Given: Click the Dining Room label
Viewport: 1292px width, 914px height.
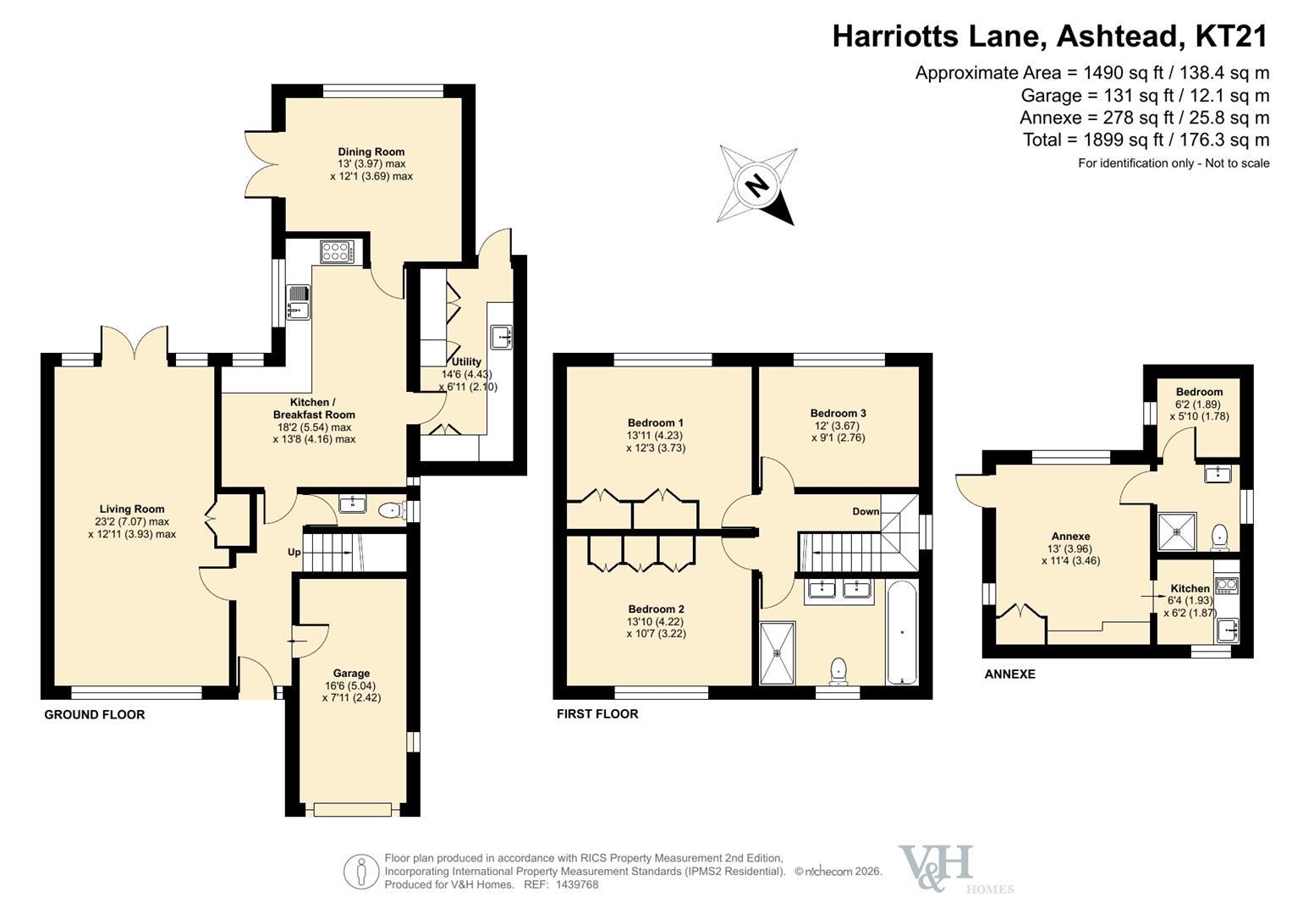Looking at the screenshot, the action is tap(371, 152).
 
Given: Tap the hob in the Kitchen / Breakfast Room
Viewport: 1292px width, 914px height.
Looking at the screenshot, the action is tap(338, 252).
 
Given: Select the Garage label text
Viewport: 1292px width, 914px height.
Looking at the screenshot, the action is tap(351, 673).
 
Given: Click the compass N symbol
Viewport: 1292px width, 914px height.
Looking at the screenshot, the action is tap(756, 186).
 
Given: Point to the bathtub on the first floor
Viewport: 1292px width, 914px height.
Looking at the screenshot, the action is tap(901, 633).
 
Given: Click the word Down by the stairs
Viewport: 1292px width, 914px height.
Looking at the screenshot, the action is tap(866, 511).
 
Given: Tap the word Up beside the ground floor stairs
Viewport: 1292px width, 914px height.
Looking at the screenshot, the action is tap(294, 552).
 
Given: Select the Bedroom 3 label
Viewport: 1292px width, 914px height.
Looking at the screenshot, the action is tap(838, 413).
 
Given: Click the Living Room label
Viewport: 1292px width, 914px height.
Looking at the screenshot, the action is tap(132, 509).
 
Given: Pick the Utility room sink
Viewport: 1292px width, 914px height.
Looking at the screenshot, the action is tap(502, 337).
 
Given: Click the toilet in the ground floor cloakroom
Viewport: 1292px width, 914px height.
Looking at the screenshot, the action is tap(393, 510).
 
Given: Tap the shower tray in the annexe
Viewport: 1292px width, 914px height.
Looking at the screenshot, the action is tap(1177, 531).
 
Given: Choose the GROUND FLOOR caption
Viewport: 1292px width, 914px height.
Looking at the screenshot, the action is tap(95, 714).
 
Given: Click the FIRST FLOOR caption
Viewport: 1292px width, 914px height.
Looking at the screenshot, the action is tap(597, 713).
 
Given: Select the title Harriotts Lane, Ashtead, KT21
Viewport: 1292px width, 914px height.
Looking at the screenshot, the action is tap(1050, 36).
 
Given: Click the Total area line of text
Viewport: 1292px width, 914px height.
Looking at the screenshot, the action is tap(1146, 140).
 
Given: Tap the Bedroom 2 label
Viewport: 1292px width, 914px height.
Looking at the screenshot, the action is tap(657, 608).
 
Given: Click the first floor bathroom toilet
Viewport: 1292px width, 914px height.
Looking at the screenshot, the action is tap(838, 672).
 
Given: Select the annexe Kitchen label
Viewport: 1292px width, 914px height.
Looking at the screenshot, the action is tap(1190, 588).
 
